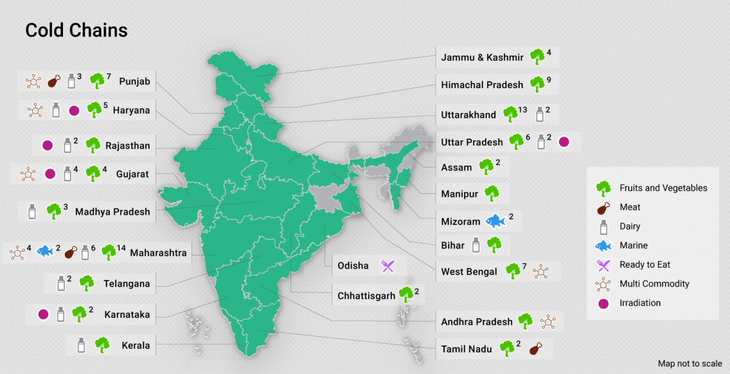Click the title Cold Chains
point(76,31)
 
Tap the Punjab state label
point(135,81)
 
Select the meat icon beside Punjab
point(54,81)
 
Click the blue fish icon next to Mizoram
point(496,221)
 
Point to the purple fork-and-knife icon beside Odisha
point(388,266)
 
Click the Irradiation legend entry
point(640,302)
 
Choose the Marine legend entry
point(633,245)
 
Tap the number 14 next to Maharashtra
point(121,248)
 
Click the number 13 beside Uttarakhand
point(522,110)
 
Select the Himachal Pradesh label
point(482,85)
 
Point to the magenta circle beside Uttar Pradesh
point(564,142)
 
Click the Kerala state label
point(135,345)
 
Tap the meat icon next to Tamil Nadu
point(535,349)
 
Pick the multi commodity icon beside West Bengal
point(540,271)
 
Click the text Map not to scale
point(690,364)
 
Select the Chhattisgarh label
point(366,296)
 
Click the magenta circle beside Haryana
point(74,111)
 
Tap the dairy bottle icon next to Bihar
point(476,246)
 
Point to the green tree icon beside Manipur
point(492,194)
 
